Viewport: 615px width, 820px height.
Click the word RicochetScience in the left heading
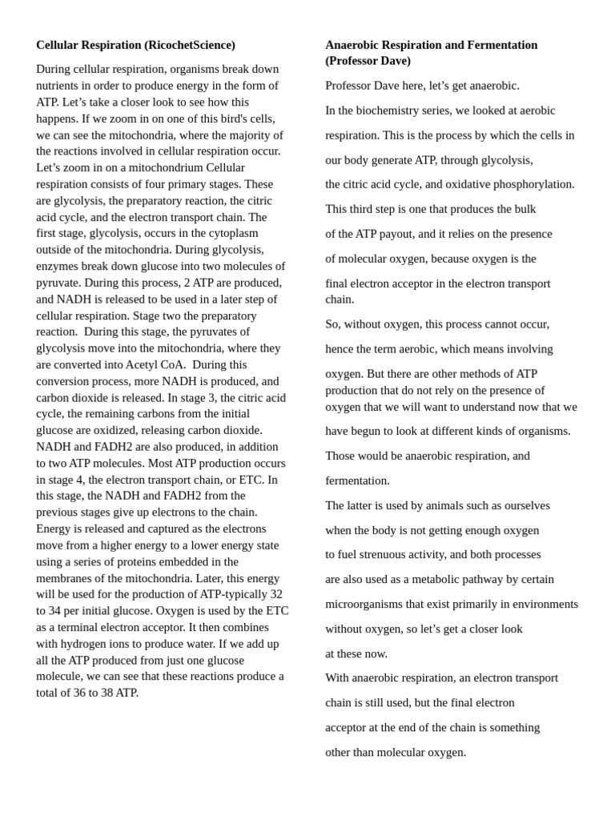point(190,45)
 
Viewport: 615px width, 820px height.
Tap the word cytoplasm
point(232,233)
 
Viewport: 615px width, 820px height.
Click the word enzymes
point(59,266)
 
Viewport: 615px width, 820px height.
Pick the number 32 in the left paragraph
point(275,594)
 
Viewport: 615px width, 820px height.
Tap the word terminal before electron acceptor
point(84,627)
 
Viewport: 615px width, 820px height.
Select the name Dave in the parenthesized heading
point(394,61)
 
